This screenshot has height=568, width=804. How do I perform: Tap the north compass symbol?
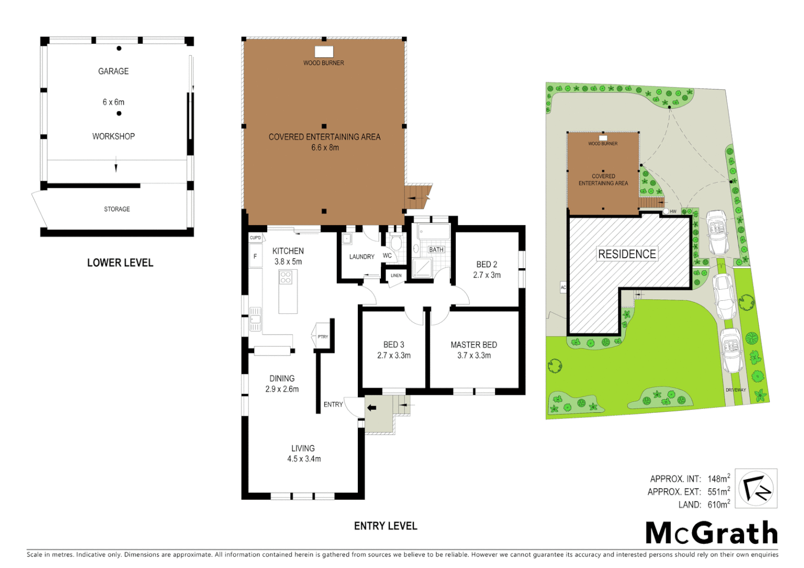(x=756, y=489)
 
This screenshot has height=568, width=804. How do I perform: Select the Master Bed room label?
(x=474, y=345)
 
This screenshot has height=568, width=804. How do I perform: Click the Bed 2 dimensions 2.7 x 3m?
(x=487, y=275)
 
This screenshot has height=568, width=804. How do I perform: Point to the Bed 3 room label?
(x=394, y=345)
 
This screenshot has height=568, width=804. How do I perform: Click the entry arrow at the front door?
(x=371, y=408)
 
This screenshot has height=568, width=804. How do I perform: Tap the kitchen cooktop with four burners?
(x=286, y=277)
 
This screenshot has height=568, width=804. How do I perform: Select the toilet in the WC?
(x=396, y=243)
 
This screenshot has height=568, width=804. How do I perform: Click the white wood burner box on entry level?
(x=324, y=52)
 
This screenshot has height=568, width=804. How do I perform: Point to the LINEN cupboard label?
(x=396, y=276)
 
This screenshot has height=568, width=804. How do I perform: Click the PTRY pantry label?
(x=323, y=337)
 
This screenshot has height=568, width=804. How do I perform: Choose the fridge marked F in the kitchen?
(x=255, y=257)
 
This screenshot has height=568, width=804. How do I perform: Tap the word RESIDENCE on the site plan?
(x=627, y=254)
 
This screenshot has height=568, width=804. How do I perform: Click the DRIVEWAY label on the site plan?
(x=736, y=390)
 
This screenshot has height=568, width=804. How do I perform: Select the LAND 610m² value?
(x=718, y=505)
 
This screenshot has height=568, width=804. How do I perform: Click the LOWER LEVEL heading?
(x=120, y=263)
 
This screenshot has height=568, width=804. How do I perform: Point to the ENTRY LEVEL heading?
(x=385, y=526)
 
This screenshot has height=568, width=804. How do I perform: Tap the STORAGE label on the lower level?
(x=117, y=209)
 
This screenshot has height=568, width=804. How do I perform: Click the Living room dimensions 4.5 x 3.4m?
(x=304, y=459)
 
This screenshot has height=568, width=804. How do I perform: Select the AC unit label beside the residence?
(x=563, y=288)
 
